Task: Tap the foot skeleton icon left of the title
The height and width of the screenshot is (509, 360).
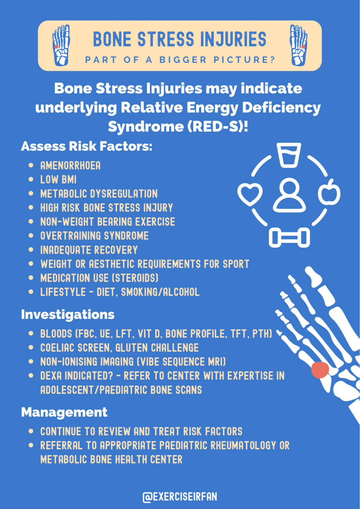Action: click(x=61, y=45)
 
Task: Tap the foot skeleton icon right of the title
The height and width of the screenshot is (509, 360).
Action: click(x=298, y=45)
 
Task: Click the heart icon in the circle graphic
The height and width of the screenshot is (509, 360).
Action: click(x=250, y=194)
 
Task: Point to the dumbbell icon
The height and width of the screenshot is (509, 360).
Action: click(x=289, y=238)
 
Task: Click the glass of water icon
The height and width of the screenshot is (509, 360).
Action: click(x=289, y=155)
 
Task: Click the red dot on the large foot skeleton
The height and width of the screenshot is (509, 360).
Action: click(x=320, y=370)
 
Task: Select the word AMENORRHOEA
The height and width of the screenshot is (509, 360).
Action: click(x=70, y=165)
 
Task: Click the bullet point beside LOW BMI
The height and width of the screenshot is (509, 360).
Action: click(x=31, y=179)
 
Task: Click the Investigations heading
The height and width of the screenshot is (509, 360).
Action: click(x=68, y=314)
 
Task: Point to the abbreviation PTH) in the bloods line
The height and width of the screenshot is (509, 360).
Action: click(x=262, y=333)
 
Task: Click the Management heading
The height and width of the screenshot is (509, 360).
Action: click(x=64, y=412)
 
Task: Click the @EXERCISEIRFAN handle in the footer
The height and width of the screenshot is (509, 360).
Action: click(x=180, y=497)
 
